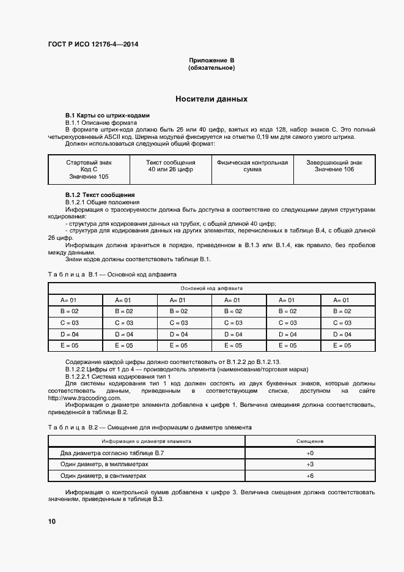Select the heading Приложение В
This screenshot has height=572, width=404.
click(x=211, y=60)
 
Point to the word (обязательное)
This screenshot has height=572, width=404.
click(x=211, y=67)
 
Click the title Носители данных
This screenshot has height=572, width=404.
click(x=211, y=98)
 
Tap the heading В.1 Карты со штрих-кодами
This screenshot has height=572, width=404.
click(x=107, y=116)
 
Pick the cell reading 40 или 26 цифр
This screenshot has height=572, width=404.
click(x=171, y=169)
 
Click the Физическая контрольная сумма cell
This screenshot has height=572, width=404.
click(x=252, y=166)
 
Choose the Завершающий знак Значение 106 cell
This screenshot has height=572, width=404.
click(x=334, y=166)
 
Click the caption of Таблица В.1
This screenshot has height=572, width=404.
click(x=112, y=274)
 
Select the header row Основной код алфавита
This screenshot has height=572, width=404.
click(x=211, y=288)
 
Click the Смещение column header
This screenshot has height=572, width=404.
click(x=310, y=440)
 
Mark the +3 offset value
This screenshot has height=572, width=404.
click(x=310, y=464)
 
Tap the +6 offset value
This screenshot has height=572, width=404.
click(x=310, y=475)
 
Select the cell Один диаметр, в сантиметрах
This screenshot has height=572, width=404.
click(x=104, y=475)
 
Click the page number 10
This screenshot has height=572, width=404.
click(x=52, y=521)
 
